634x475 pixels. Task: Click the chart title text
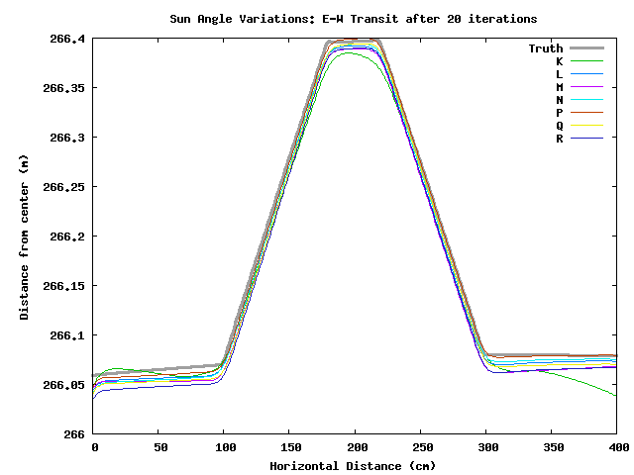354,19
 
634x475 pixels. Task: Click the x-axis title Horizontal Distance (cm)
354,465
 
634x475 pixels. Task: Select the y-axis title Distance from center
24,237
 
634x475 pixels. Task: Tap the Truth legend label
545,48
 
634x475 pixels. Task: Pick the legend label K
560,61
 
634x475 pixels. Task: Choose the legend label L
560,74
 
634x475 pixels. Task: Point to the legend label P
560,113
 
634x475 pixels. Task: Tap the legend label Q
560,126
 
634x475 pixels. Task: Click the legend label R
560,139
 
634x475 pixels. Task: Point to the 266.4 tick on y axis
67,39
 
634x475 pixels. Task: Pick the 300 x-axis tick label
485,449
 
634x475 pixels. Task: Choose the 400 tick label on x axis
616,449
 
